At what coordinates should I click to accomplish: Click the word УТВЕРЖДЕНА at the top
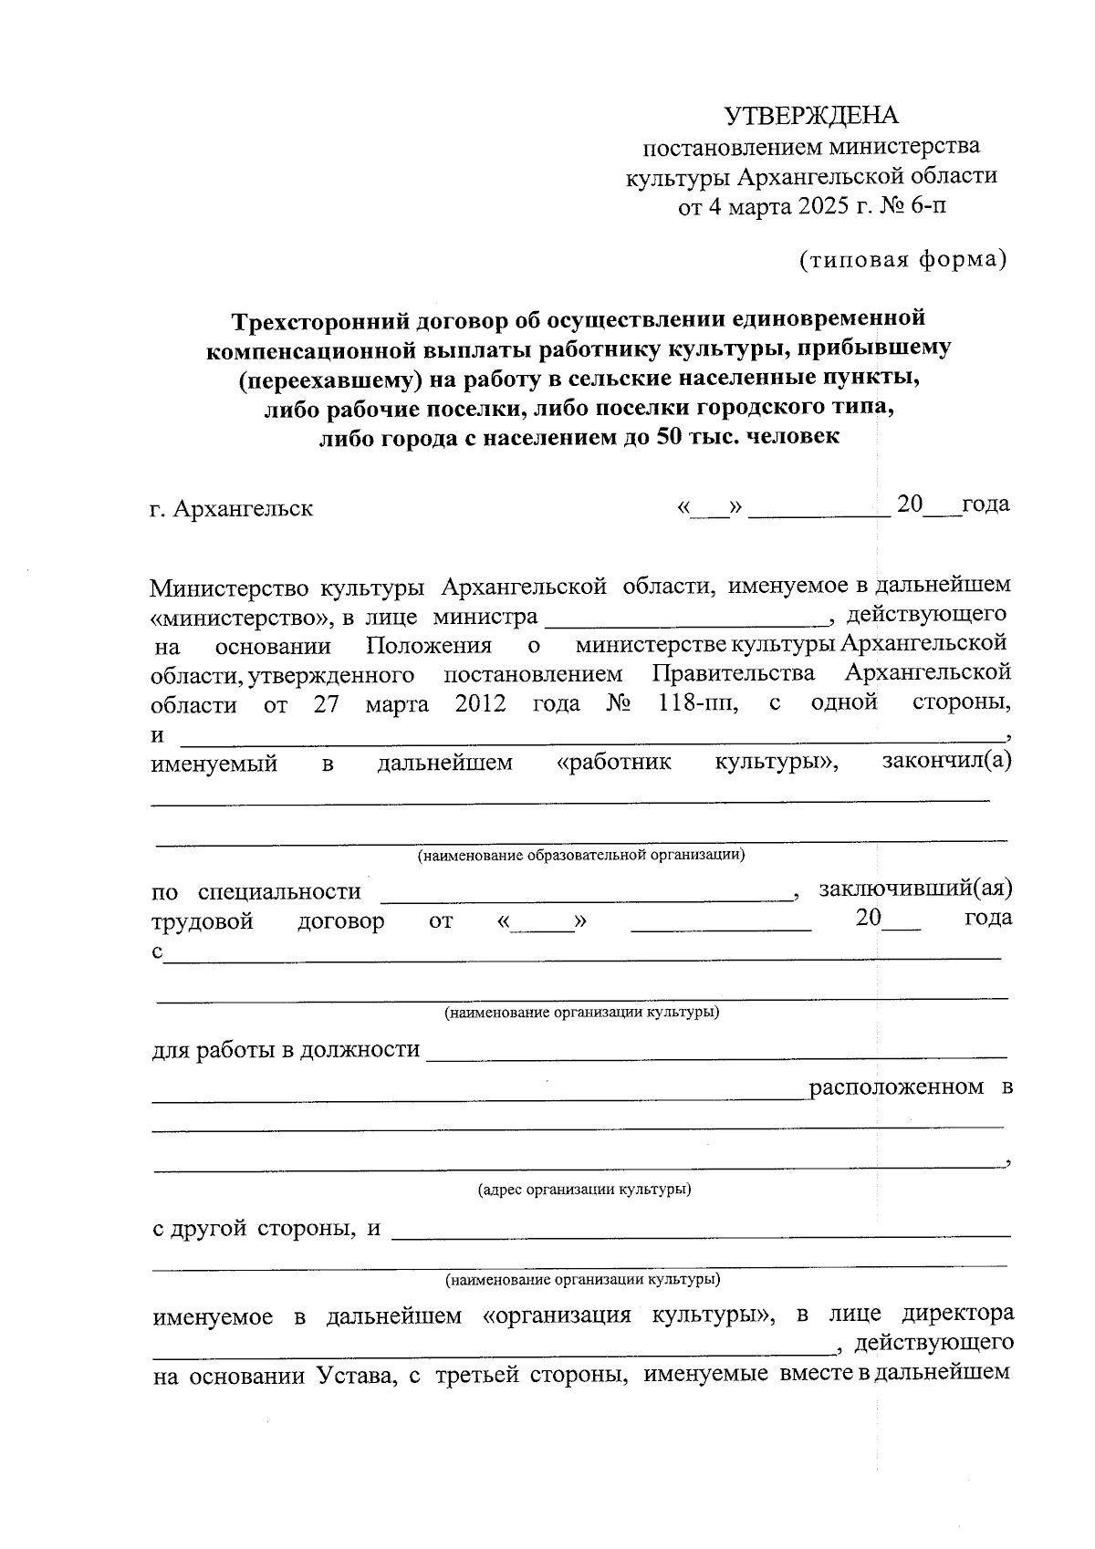pyautogui.click(x=811, y=115)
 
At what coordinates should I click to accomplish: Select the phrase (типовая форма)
pyautogui.click(x=902, y=260)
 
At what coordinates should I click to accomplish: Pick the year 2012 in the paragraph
pyautogui.click(x=480, y=703)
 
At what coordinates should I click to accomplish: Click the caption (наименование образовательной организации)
pyautogui.click(x=581, y=856)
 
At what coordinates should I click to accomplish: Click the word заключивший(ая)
pyautogui.click(x=915, y=888)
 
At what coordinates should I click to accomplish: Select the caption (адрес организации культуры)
pyautogui.click(x=584, y=1190)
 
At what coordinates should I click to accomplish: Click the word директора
pyautogui.click(x=957, y=1315)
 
